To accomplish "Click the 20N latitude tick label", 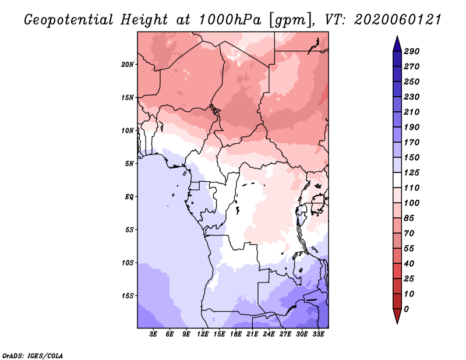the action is click(x=128, y=64).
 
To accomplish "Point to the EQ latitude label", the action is click(x=129, y=196).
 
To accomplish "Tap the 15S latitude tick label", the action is click(x=128, y=296).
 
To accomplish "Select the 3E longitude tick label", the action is click(x=153, y=334).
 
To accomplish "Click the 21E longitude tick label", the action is click(x=252, y=334).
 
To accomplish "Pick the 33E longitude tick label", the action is click(x=318, y=334).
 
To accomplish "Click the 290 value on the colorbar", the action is click(x=412, y=51).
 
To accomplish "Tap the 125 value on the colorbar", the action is click(x=412, y=172).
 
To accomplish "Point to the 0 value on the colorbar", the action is click(x=406, y=309).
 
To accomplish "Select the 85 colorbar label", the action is click(x=409, y=218).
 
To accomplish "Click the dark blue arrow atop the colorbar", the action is click(x=397, y=44).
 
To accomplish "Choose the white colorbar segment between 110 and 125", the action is click(x=397, y=180).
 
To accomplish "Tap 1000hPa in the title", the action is click(x=230, y=20).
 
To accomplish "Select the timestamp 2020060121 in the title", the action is click(x=398, y=20).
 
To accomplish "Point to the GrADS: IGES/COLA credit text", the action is click(x=33, y=355).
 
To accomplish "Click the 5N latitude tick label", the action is click(x=129, y=164).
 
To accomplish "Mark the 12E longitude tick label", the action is click(x=203, y=334).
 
